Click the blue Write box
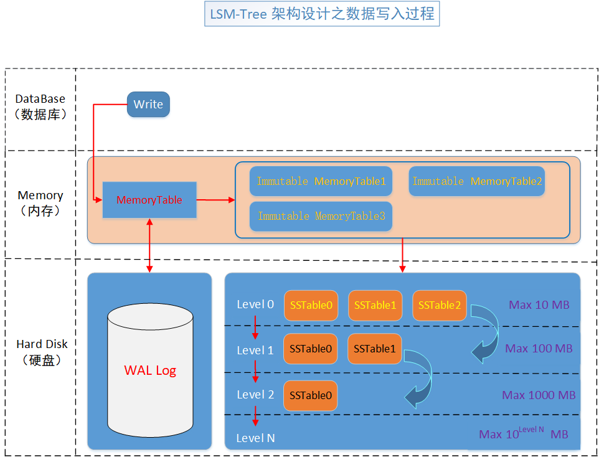148,105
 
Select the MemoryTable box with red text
149,200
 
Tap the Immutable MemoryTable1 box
321,181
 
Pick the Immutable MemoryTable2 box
477,181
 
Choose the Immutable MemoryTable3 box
321,216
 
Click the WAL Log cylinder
150,370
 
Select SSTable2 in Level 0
440,305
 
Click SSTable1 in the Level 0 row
375,305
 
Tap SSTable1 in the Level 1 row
375,349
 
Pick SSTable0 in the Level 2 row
311,395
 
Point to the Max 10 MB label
539,305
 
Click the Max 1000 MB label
539,395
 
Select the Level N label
255,438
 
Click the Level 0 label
255,304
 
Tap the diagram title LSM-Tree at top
322,14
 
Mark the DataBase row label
40,106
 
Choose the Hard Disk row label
42,352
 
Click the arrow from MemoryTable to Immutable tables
215,200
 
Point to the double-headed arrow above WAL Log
149,245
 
